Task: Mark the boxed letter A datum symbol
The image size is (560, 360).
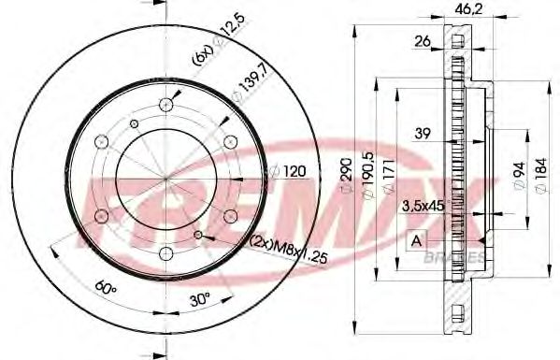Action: point(413,241)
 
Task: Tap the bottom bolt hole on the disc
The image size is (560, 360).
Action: point(166,253)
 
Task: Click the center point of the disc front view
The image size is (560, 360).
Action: point(166,179)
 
